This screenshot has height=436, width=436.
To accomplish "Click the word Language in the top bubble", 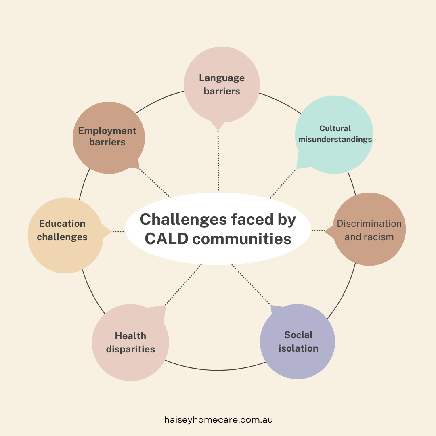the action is click(222, 78).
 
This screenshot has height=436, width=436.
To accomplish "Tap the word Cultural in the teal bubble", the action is click(335, 128).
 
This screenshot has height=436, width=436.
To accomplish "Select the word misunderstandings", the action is click(335, 139).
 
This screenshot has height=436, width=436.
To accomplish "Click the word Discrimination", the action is click(369, 224).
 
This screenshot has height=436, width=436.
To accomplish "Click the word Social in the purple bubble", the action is click(298, 335).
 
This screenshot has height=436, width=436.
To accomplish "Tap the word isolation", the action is click(298, 348).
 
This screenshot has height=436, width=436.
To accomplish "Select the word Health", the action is click(130, 336).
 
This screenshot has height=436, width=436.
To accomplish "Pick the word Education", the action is click(62, 224).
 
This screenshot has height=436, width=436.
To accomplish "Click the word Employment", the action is click(107, 131).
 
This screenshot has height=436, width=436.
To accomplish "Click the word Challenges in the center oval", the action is click(184, 220).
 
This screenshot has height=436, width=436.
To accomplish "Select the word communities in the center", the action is click(242, 239).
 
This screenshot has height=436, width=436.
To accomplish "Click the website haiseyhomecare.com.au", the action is click(218, 420).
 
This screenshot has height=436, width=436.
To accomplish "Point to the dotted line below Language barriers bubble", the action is click(218, 160).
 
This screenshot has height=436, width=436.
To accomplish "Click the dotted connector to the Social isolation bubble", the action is click(251, 285).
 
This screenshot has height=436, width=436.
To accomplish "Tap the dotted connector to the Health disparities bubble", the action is click(183, 285).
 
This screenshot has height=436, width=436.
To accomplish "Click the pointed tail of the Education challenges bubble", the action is click(111, 231).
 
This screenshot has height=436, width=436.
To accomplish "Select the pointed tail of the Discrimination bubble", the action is click(326, 230).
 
